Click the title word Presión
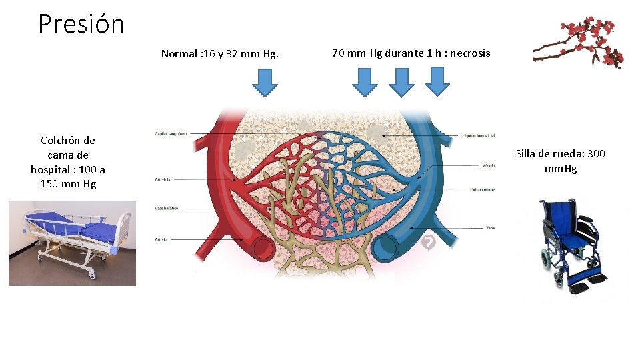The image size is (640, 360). [81, 24]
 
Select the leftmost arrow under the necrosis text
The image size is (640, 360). [365, 83]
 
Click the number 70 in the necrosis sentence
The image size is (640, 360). [338, 53]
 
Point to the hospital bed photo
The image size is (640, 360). [72, 243]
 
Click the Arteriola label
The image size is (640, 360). [163, 179]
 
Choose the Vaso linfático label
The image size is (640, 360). [167, 209]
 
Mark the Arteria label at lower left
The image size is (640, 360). [161, 239]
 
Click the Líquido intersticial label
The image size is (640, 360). [479, 135]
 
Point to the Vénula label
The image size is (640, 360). [488, 165]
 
